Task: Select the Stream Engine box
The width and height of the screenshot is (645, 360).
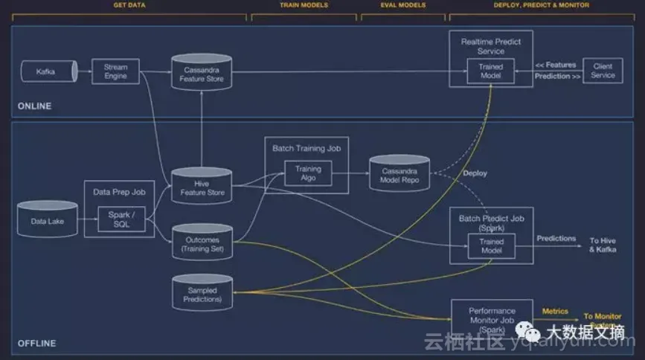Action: [x=115, y=71]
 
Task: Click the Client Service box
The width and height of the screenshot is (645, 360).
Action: [x=603, y=71]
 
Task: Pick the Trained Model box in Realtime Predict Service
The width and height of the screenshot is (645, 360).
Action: [x=490, y=71]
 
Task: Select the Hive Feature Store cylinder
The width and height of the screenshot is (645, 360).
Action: [x=202, y=187]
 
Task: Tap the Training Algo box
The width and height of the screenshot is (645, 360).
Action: [x=308, y=173]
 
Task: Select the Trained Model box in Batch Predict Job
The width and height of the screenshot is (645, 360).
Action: [x=491, y=246]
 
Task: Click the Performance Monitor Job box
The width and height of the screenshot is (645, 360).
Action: [x=492, y=315]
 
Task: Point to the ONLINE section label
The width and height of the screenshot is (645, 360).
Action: [x=35, y=106]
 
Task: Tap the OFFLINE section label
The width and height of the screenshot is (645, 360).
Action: [x=36, y=344]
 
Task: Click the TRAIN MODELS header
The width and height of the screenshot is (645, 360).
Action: [x=304, y=5]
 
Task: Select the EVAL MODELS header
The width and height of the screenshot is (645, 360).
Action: [x=402, y=5]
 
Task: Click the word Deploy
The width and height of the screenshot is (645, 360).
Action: [x=475, y=173]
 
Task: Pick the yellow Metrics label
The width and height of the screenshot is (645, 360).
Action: [x=555, y=312]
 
